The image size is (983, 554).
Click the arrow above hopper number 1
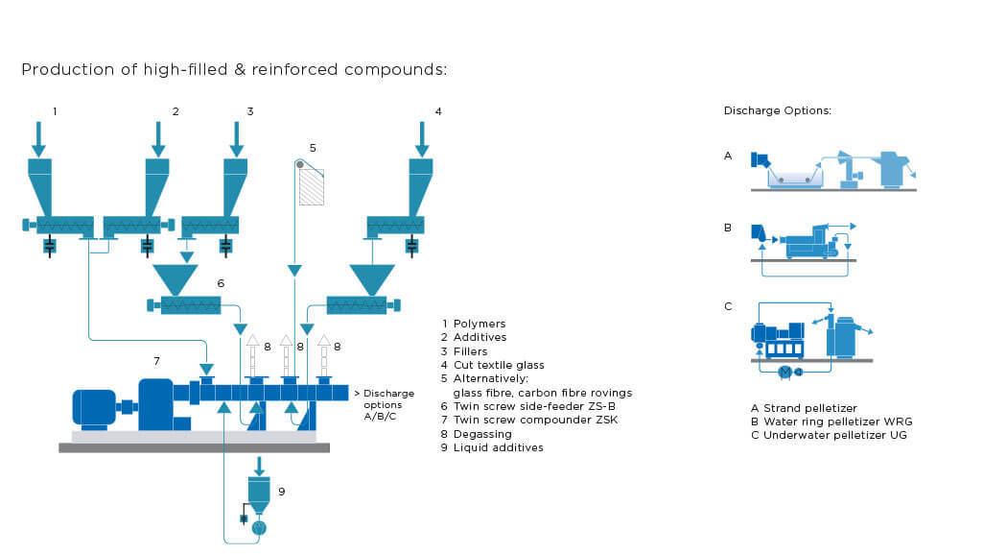(x=38, y=138)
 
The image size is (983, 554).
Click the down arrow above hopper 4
(x=421, y=138)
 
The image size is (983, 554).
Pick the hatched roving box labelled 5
(x=312, y=187)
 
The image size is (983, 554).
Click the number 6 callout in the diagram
(x=221, y=283)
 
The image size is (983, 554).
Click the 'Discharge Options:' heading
(x=777, y=111)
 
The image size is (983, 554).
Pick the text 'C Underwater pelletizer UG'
(x=829, y=435)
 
